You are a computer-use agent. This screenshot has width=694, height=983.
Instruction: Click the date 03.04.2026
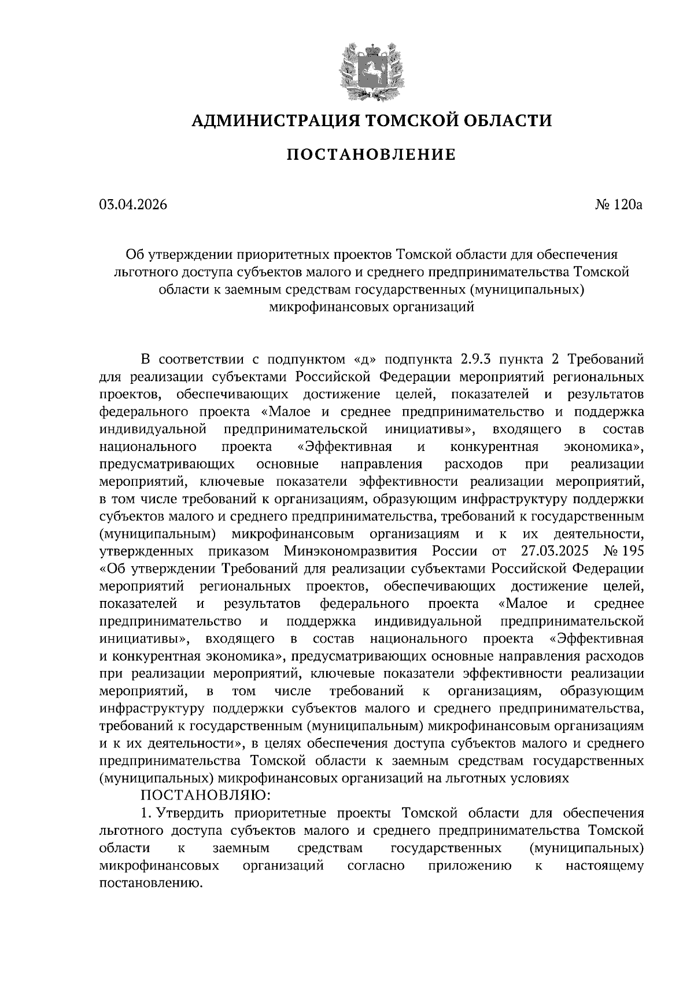pyautogui.click(x=133, y=204)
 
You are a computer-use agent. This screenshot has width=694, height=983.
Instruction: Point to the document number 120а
pyautogui.click(x=627, y=204)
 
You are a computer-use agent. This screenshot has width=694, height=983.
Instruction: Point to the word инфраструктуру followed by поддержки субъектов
pyautogui.click(x=153, y=709)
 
